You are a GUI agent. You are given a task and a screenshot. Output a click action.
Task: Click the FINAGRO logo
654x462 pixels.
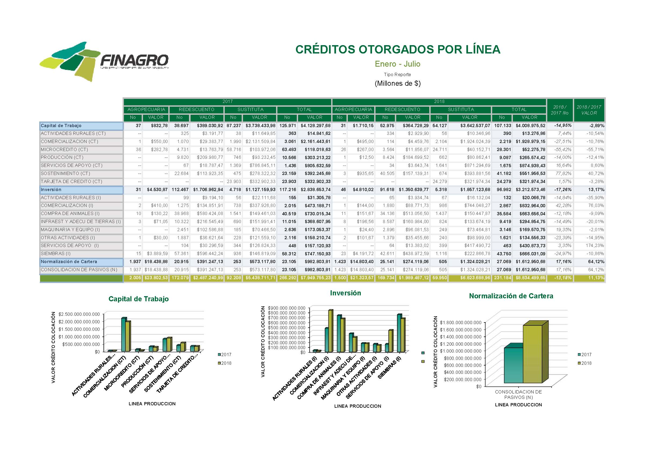pyautogui.click(x=104, y=61)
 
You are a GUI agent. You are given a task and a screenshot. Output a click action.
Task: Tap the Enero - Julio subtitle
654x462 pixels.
pyautogui.click(x=397, y=64)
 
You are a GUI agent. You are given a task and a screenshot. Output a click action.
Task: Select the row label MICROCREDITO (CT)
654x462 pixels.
pyautogui.click(x=64, y=149)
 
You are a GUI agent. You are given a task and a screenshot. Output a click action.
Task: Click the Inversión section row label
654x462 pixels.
pyautogui.click(x=51, y=190)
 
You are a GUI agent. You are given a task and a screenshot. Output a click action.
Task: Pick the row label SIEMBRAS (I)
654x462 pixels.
pyautogui.click(x=56, y=253)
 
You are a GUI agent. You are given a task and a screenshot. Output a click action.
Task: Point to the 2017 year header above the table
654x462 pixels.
pyautogui.click(x=227, y=102)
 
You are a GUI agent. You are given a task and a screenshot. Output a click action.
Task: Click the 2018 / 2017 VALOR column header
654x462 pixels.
pyautogui.click(x=589, y=110)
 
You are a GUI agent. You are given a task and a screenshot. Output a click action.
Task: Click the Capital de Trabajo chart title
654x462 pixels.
pyautogui.click(x=138, y=299)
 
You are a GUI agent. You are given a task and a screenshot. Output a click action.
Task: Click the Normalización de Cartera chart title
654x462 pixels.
pyautogui.click(x=511, y=296)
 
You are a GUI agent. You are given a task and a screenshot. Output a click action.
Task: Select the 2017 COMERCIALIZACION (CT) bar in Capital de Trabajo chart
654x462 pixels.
pyautogui.click(x=124, y=335)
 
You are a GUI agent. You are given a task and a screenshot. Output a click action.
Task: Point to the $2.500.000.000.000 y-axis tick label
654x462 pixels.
pyautogui.click(x=79, y=314)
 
